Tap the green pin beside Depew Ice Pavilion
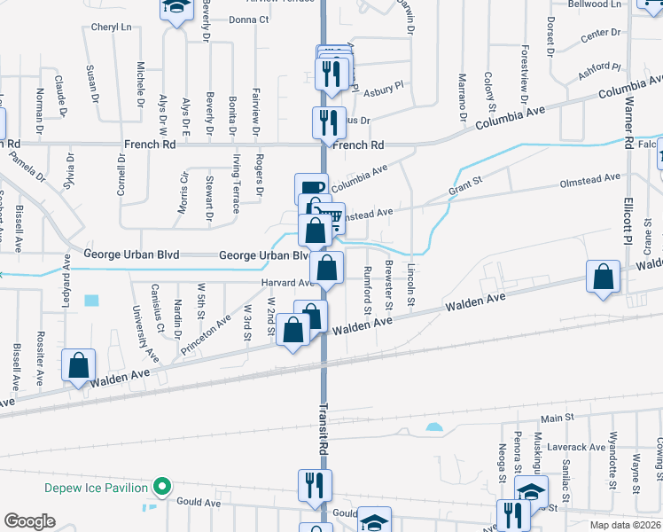161,487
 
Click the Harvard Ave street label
288,283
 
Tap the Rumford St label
367,290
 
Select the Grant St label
464,188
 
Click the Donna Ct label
248,19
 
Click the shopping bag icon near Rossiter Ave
79,364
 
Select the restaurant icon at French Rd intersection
327,122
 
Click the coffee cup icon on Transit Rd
310,187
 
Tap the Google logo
30,521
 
